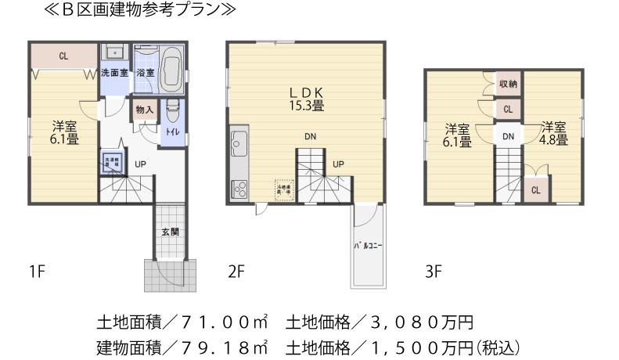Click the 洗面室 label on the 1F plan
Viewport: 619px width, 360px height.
pos(114,74)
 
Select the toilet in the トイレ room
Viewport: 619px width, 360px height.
pos(172,113)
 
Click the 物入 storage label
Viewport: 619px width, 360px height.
pos(145,110)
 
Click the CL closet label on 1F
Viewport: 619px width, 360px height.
pos(63,56)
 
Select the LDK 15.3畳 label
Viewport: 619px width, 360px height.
pos(307,96)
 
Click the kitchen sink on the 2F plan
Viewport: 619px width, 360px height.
pos(239,143)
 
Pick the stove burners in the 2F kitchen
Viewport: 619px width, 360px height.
pos(239,189)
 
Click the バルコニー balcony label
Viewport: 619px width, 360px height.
pos(367,247)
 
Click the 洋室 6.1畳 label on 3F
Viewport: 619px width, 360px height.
pos(458,135)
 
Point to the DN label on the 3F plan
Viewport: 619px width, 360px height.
pos(508,137)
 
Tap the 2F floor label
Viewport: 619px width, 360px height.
pos(237,272)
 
